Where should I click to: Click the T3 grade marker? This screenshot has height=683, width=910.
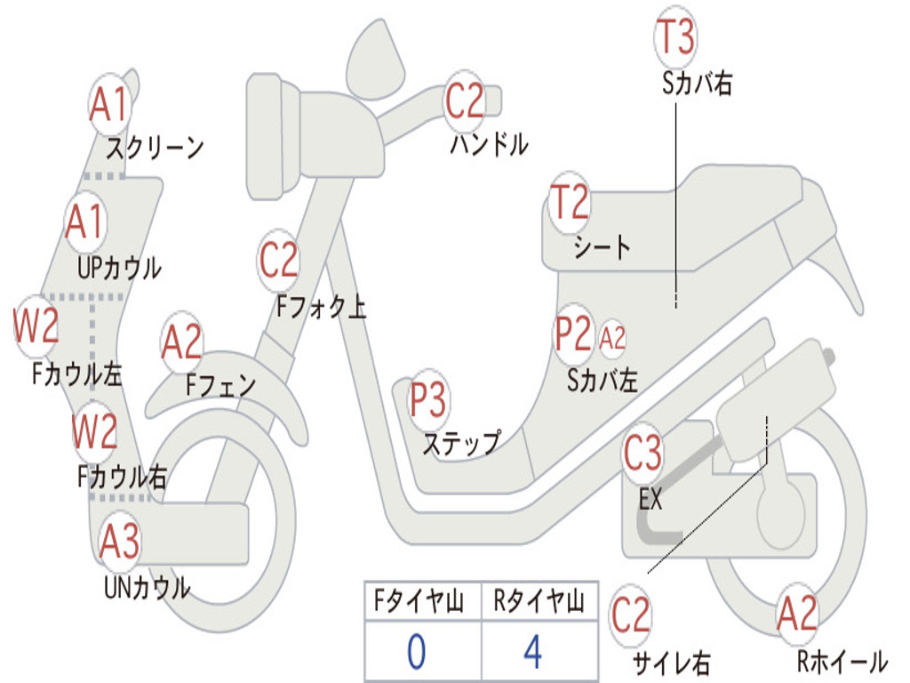point(675,37)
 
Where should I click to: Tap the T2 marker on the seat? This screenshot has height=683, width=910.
point(570,203)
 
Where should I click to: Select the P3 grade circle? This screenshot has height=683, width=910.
point(428,400)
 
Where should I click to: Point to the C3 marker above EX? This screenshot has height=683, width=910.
point(643,454)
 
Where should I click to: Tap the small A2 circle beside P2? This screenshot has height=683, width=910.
point(612,337)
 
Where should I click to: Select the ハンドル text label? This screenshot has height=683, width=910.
point(488,143)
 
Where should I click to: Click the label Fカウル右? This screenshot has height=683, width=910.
point(121,477)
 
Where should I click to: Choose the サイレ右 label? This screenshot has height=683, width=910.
point(670,662)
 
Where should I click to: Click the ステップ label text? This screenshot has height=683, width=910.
point(460,442)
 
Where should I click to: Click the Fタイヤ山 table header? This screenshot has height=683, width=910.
point(421,603)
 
